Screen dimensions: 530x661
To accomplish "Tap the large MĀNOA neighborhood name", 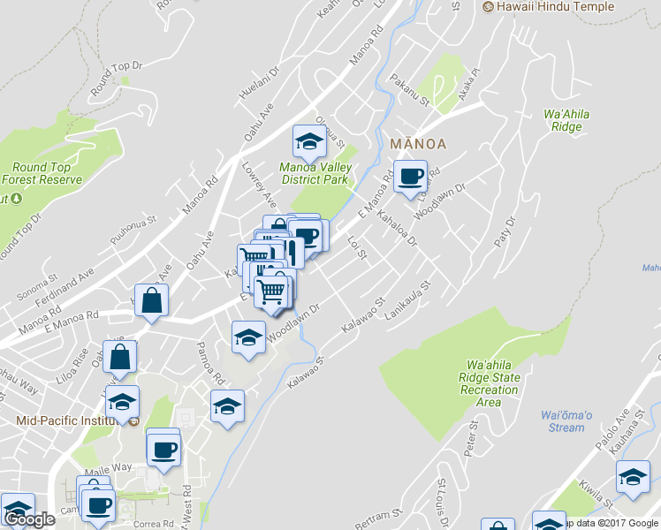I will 416,143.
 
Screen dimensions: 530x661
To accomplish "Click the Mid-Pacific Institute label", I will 66,420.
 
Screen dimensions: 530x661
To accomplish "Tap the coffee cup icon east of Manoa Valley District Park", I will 410,176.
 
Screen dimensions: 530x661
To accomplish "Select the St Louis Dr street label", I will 442,499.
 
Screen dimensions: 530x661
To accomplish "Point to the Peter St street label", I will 472,437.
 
